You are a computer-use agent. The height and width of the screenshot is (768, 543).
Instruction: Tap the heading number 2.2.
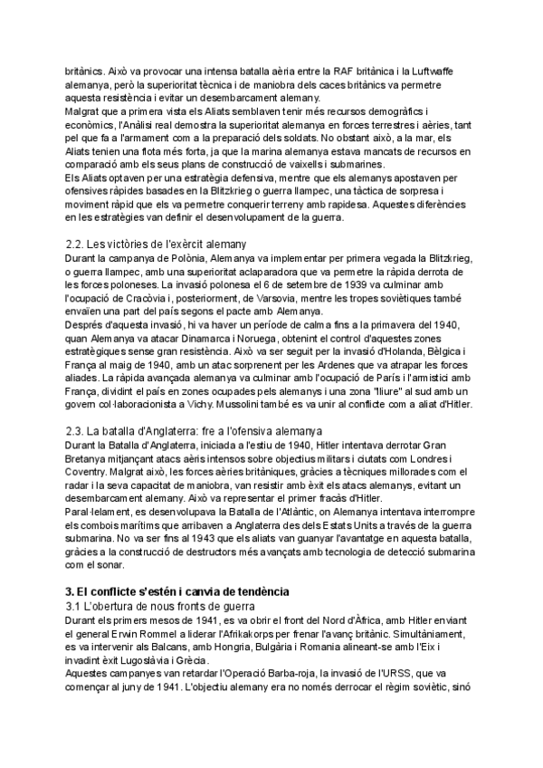(76, 245)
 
